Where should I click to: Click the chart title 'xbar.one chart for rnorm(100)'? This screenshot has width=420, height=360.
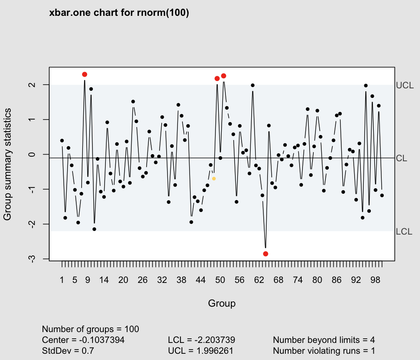pyautogui.click(x=119, y=13)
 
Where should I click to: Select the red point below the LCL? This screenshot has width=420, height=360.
pyautogui.click(x=266, y=254)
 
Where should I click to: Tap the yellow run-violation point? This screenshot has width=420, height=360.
pyautogui.click(x=214, y=178)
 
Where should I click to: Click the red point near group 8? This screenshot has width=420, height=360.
pyautogui.click(x=85, y=74)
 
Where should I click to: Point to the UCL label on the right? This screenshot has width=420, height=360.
pyautogui.click(x=405, y=85)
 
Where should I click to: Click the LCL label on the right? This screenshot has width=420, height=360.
pyautogui.click(x=404, y=232)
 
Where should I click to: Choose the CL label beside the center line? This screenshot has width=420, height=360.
pyautogui.click(x=402, y=158)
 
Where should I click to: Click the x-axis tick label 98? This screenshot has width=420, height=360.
pyautogui.click(x=375, y=280)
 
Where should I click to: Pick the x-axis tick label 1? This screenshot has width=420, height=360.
pyautogui.click(x=62, y=280)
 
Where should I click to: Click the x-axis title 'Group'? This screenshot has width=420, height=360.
pyautogui.click(x=222, y=303)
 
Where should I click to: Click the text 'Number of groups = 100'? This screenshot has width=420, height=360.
pyautogui.click(x=90, y=329)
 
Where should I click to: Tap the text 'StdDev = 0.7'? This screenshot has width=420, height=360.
pyautogui.click(x=68, y=350)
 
